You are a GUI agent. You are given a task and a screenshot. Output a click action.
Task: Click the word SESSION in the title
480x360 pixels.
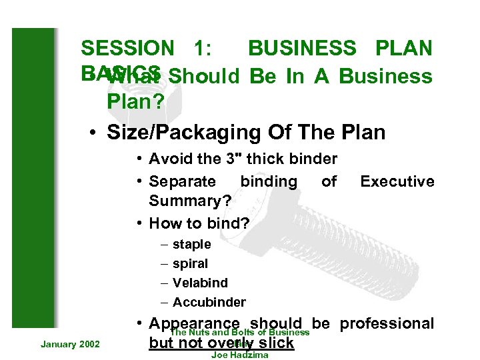point(126,48)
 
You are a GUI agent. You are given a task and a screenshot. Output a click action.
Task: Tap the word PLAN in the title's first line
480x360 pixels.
point(403,48)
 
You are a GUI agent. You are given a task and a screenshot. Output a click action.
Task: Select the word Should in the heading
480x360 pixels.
point(204,77)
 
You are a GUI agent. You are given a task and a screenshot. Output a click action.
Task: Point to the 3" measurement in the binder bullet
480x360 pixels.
point(221,159)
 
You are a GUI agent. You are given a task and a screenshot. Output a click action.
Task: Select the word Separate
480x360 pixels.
point(182,181)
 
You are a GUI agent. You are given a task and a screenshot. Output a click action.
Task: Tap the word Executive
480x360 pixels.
point(397,181)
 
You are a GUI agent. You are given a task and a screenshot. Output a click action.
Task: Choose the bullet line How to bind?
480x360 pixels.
point(199,223)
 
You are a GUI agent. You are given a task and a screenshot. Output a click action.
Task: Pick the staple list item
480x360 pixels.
point(191,245)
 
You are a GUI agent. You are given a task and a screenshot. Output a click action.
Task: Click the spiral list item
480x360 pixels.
point(190,264)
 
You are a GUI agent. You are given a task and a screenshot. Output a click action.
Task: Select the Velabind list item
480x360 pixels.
point(200,283)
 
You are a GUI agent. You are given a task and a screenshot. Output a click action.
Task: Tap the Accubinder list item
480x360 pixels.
point(209,302)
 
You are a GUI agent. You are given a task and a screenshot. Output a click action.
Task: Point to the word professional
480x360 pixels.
point(387,323)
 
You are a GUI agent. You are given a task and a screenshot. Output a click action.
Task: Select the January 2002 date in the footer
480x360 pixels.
point(70,344)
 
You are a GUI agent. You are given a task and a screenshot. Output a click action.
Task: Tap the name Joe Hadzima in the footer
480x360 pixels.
point(239,355)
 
